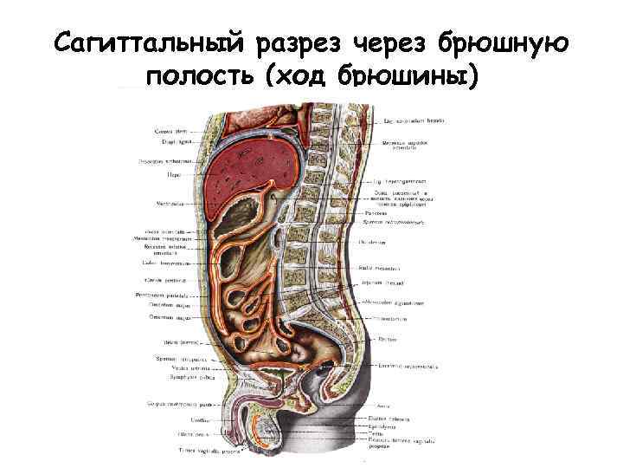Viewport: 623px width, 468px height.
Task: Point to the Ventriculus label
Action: click(168, 205)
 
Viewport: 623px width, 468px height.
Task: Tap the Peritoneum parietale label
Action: click(161, 296)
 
